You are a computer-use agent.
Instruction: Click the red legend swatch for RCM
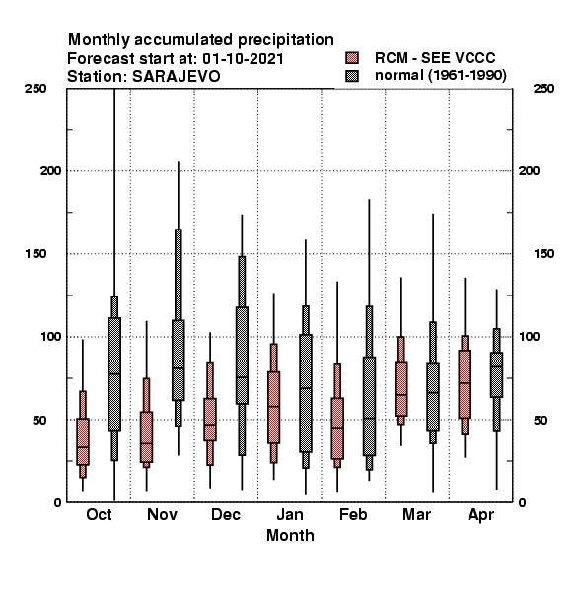(x=352, y=58)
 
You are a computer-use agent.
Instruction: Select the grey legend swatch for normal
(x=352, y=76)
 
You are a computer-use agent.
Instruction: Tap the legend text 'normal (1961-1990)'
(x=440, y=75)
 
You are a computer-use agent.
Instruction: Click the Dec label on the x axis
(x=226, y=514)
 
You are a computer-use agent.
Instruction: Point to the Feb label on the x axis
(x=353, y=514)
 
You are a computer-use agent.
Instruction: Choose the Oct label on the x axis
(x=99, y=514)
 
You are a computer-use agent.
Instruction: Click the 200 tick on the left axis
(x=50, y=170)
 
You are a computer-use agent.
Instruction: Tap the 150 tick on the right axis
(x=543, y=254)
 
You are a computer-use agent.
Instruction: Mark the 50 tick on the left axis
(x=39, y=420)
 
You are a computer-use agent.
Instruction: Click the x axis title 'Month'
(x=290, y=535)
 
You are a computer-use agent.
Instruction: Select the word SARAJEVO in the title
(x=176, y=76)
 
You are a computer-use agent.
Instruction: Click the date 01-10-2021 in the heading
(x=243, y=58)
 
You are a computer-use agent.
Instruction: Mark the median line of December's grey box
(x=242, y=377)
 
